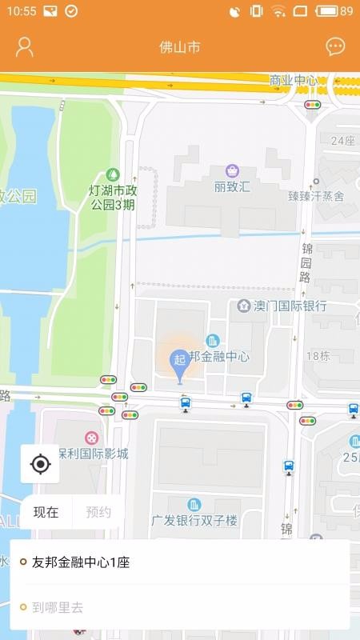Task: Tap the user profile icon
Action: (25, 46)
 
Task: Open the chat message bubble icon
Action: (335, 46)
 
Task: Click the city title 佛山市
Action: (180, 47)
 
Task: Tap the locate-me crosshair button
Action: (40, 464)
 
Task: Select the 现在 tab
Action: (46, 512)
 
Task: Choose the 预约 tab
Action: (98, 512)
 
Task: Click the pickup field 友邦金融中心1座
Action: (80, 562)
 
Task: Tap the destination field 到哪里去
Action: (58, 607)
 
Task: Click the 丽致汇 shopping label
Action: (232, 186)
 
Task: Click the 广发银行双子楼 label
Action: (194, 520)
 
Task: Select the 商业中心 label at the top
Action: (294, 80)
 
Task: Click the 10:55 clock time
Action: (21, 11)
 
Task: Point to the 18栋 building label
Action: (318, 356)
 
